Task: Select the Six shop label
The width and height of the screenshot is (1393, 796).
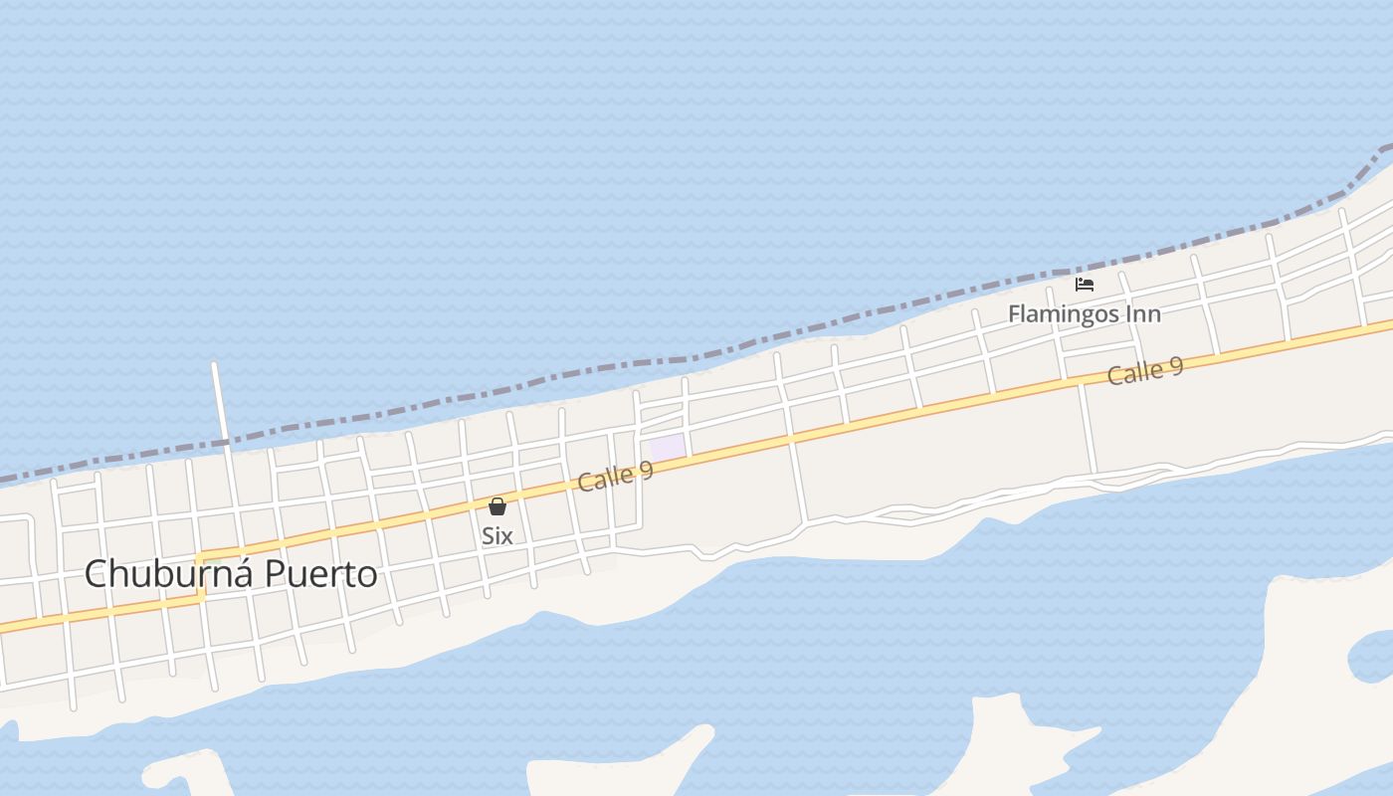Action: [x=497, y=535]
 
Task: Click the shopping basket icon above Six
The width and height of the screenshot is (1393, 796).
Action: [x=497, y=506]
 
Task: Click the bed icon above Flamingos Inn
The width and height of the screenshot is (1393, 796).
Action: [x=1085, y=285]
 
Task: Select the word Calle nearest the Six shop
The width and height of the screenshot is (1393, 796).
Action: [x=605, y=479]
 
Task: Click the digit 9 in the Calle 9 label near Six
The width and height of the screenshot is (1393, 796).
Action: [x=647, y=468]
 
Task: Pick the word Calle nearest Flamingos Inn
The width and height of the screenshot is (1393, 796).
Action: [x=1134, y=374]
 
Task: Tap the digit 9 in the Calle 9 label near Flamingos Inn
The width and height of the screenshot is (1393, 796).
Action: [x=1176, y=365]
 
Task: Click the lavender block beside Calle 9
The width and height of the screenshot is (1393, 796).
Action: [x=668, y=448]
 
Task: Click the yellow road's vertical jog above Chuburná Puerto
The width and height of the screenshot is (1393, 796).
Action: [x=200, y=577]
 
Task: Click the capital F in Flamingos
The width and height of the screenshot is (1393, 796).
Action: [x=1015, y=314]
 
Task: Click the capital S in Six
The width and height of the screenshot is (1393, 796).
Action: [x=488, y=535]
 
